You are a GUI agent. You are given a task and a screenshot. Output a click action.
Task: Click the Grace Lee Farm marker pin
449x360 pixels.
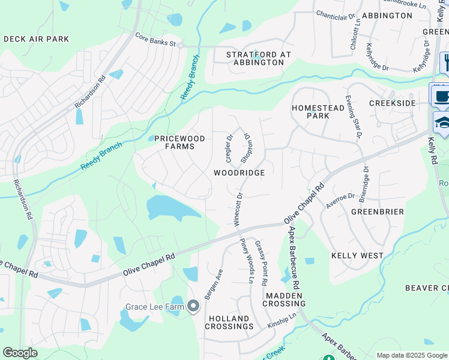pos(193,307)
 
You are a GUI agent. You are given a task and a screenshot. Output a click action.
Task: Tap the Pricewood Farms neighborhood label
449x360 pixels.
pos(179,143)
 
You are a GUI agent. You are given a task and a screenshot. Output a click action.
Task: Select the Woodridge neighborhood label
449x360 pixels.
pos(239,173)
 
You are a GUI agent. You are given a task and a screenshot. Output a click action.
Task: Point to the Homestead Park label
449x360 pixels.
pos(310,112)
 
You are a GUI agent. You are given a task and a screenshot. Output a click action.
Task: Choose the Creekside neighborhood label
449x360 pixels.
pos(392,104)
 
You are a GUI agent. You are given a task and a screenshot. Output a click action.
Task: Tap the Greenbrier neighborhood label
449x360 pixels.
pos(376,212)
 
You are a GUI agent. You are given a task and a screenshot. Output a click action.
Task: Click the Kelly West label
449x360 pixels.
pos(357,256)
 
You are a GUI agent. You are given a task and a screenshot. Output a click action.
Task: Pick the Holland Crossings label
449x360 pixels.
pos(229,322)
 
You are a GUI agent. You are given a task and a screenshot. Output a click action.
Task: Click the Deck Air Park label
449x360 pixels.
pos(36,39)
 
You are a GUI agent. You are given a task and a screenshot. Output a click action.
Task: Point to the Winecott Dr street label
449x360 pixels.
pos(238,208)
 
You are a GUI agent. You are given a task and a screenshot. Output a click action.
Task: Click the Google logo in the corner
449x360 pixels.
pos(20,353)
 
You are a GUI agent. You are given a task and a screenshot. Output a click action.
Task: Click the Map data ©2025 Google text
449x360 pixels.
pos(411,355)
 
